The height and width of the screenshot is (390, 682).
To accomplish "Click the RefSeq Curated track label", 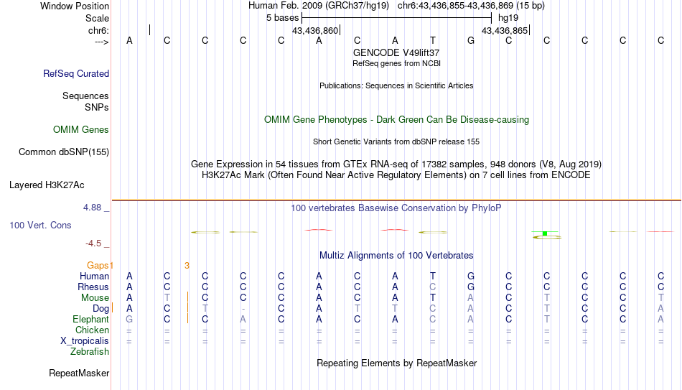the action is pos(76,73).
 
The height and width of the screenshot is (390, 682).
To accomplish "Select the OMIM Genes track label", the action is pos(81,130).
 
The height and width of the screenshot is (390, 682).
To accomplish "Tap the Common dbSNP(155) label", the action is pos(64,152).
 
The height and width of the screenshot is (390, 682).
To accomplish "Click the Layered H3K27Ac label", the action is pos(47,185).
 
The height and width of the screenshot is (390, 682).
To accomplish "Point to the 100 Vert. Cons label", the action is pos(40,225).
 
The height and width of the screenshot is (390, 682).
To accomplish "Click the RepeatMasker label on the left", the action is pos(79,373).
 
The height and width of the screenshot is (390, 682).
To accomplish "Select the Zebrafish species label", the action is pos(90,351).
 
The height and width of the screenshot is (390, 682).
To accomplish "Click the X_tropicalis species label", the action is pos(85,341).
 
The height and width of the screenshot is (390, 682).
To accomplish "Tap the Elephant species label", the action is pos(91,319).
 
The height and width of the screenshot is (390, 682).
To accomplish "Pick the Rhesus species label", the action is pos(93,287).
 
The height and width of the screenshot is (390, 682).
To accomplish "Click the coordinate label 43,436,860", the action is pos(315,30).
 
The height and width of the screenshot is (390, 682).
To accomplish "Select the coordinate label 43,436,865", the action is pos(505,30).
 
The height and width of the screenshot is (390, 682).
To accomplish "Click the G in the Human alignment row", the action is pos(471,276).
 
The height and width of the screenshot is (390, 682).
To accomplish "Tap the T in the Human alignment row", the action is pos(433,276).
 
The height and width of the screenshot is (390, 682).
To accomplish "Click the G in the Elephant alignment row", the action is pos(129,319).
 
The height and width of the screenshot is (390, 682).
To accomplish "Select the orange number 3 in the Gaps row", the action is pos(187,266).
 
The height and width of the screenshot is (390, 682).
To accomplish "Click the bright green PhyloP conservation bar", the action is pos(545,233).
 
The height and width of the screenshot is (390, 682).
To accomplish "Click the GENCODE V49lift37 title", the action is pos(396,52).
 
